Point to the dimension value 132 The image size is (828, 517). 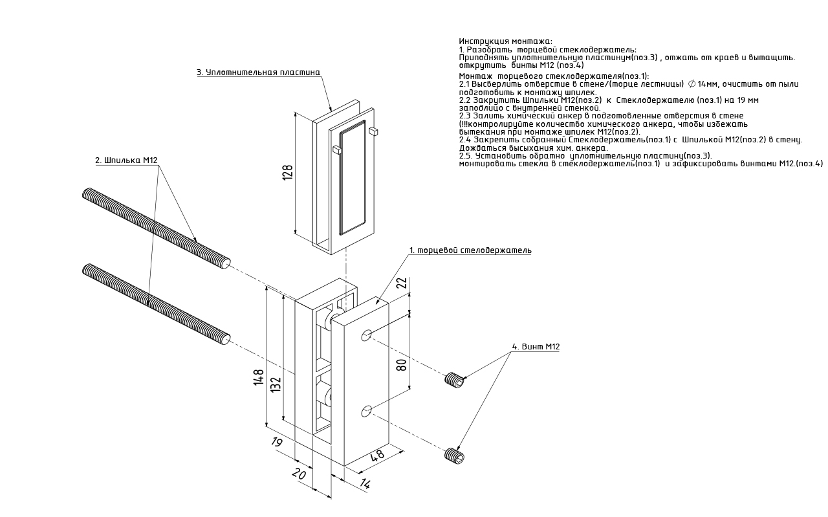click(x=276, y=384)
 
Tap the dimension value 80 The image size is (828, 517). click(x=401, y=364)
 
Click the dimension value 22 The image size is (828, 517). click(x=401, y=283)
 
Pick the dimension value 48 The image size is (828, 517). click(x=377, y=455)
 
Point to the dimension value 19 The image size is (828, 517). click(x=276, y=443)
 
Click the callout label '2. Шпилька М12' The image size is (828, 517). click(x=127, y=160)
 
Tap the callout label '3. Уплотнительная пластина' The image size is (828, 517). click(x=258, y=72)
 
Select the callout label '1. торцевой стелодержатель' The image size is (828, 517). click(x=470, y=250)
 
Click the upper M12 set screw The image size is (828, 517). click(x=455, y=380)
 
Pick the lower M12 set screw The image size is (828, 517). click(x=455, y=456)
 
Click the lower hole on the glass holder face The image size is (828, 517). click(x=367, y=410)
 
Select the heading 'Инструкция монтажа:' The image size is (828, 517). click(x=505, y=41)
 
